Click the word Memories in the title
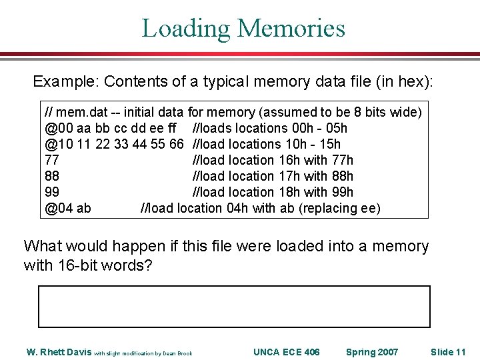pos(291,28)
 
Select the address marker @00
pos(56,128)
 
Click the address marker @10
pos(56,144)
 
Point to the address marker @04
pos(56,208)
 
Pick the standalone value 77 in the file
pos(52,160)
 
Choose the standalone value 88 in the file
pos(52,176)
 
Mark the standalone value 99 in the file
pos(52,192)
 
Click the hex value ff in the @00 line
pos(175,128)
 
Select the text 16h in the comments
pos(287,160)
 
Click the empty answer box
pos(234,307)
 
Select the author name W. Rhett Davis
pos(58,352)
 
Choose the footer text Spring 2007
pos(372,352)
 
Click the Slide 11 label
pos(447,352)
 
